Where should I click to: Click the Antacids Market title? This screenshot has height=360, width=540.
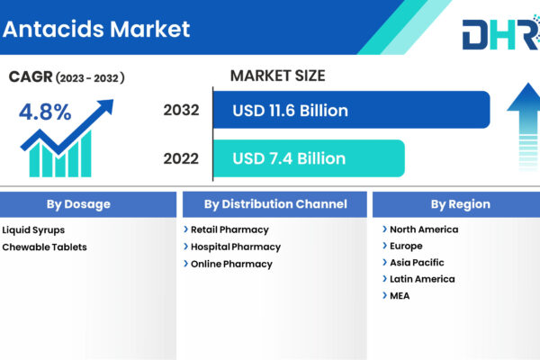(x=96, y=29)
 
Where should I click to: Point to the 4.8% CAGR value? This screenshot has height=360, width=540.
(x=45, y=112)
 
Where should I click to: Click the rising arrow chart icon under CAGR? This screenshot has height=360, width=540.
(x=67, y=139)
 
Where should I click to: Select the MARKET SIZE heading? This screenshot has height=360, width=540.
(x=277, y=76)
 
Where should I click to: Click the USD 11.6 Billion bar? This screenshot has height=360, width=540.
(x=351, y=110)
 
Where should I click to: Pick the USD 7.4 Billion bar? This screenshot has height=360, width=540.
(x=309, y=158)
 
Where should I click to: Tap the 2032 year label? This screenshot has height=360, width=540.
(x=181, y=110)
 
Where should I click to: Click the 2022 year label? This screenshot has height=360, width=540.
(x=181, y=158)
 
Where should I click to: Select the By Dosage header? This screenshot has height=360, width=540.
(x=78, y=204)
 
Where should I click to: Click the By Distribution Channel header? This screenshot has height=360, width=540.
(x=274, y=204)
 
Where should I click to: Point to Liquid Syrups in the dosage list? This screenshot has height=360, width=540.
(x=33, y=230)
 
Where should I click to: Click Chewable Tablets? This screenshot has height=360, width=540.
(x=44, y=247)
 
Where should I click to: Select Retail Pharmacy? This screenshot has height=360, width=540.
(x=229, y=229)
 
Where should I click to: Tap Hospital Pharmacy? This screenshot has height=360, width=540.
(x=236, y=247)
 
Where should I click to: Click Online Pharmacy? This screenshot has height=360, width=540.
(x=231, y=264)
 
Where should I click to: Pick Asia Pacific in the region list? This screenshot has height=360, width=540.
(x=417, y=263)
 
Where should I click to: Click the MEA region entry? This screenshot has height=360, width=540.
(x=400, y=296)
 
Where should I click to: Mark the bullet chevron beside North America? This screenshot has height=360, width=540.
(x=384, y=229)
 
